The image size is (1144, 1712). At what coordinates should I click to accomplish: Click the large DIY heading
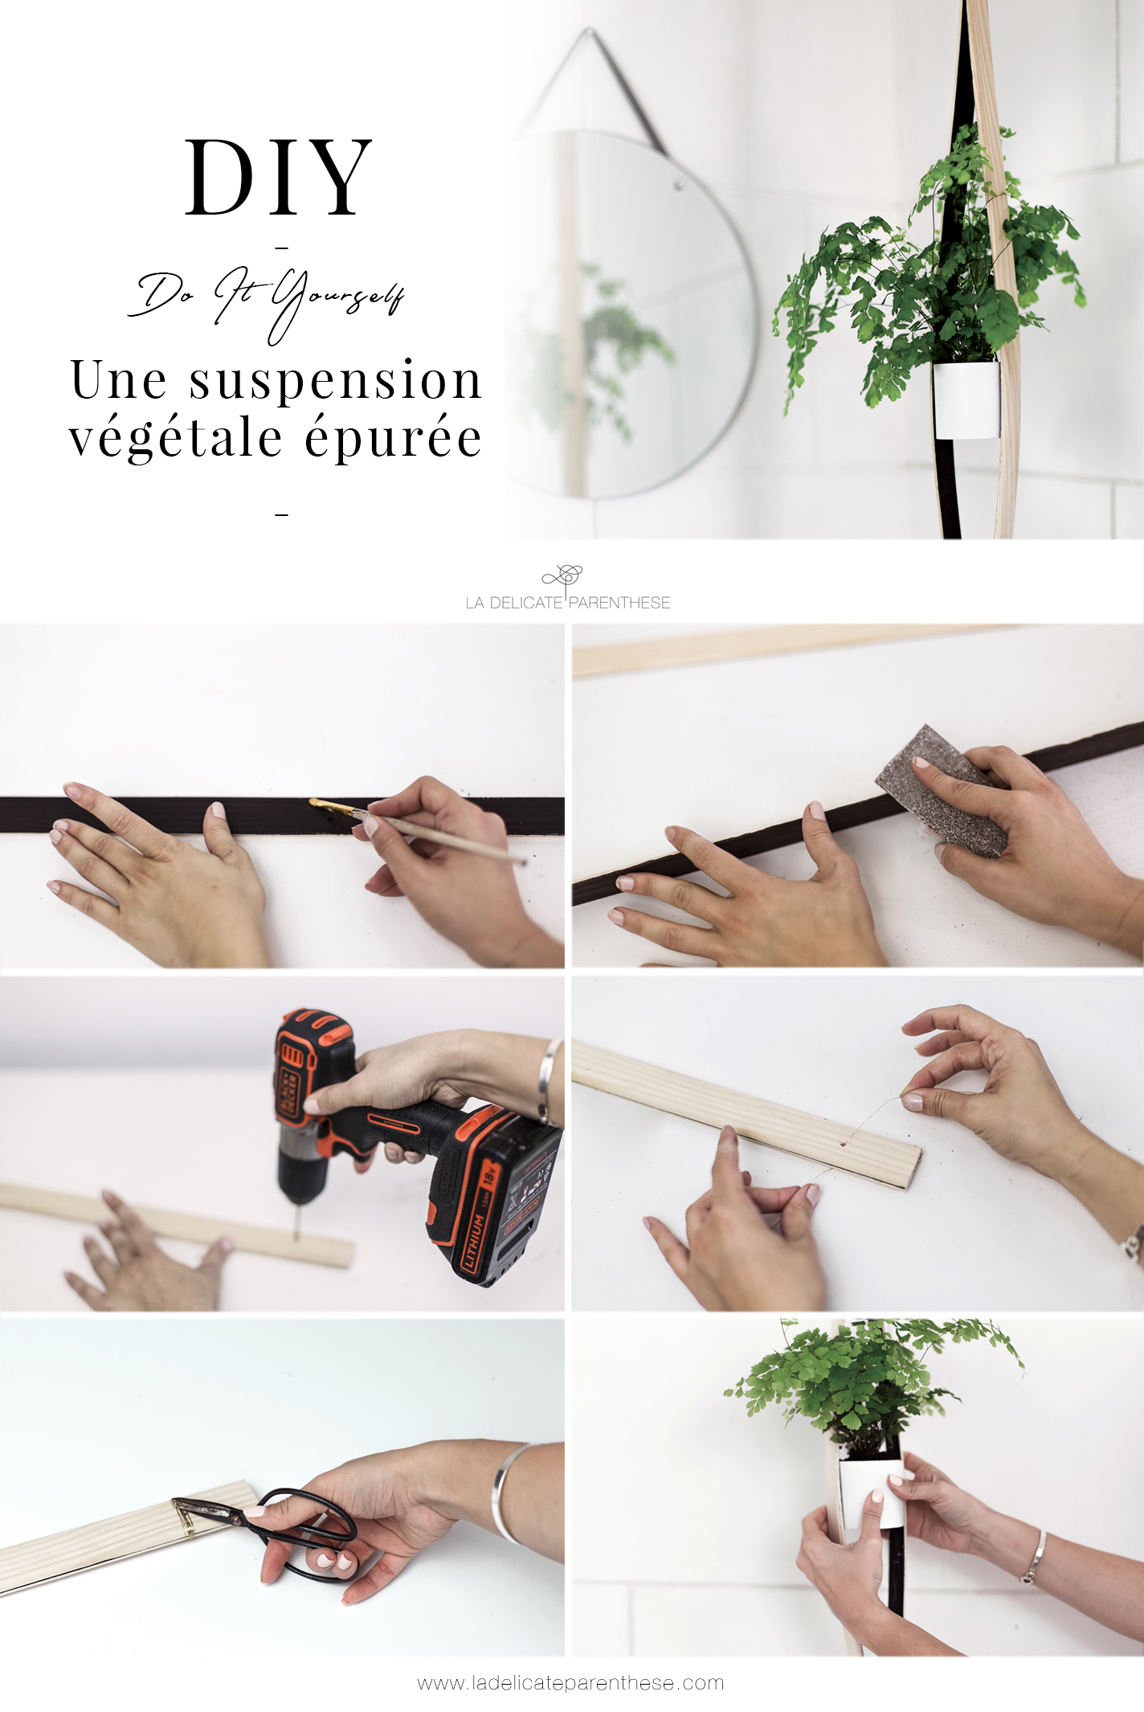[278, 177]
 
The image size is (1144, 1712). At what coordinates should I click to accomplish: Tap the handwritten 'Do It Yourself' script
[266, 301]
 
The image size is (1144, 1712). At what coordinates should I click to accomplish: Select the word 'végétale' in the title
[175, 439]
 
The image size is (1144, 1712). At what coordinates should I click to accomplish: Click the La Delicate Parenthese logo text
[567, 602]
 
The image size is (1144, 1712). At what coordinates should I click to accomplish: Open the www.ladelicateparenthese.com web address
[570, 1682]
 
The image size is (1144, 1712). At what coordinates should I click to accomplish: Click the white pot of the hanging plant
[966, 400]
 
